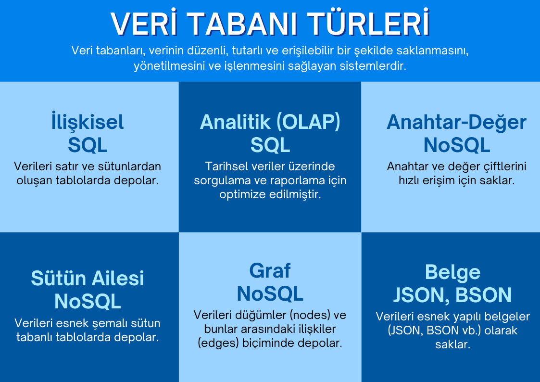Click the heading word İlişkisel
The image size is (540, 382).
[x=88, y=122]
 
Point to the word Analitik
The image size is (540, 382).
[x=229, y=122]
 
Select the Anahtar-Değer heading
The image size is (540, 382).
[x=456, y=122]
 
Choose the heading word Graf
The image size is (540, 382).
[x=270, y=271]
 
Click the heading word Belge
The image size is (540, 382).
[x=452, y=272]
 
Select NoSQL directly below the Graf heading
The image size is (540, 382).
[x=270, y=293]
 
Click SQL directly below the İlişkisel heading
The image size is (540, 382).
[x=88, y=144]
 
